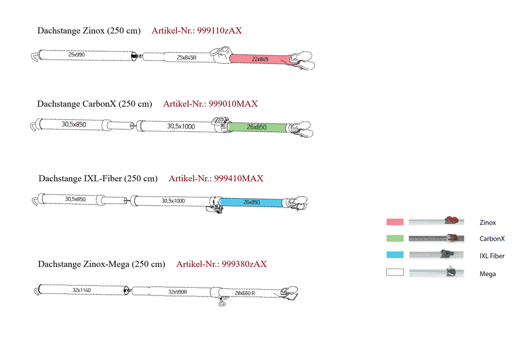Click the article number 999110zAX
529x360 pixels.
click(219, 30)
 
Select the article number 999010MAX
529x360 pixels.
click(233, 104)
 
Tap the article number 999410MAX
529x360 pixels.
click(239, 179)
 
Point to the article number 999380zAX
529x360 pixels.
click(244, 264)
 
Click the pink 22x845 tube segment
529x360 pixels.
click(260, 59)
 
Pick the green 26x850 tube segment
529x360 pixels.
click(257, 127)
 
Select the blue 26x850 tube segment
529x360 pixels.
click(252, 202)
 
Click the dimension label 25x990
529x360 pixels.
click(76, 55)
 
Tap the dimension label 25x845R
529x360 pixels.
click(186, 58)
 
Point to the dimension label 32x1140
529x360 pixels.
click(82, 290)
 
